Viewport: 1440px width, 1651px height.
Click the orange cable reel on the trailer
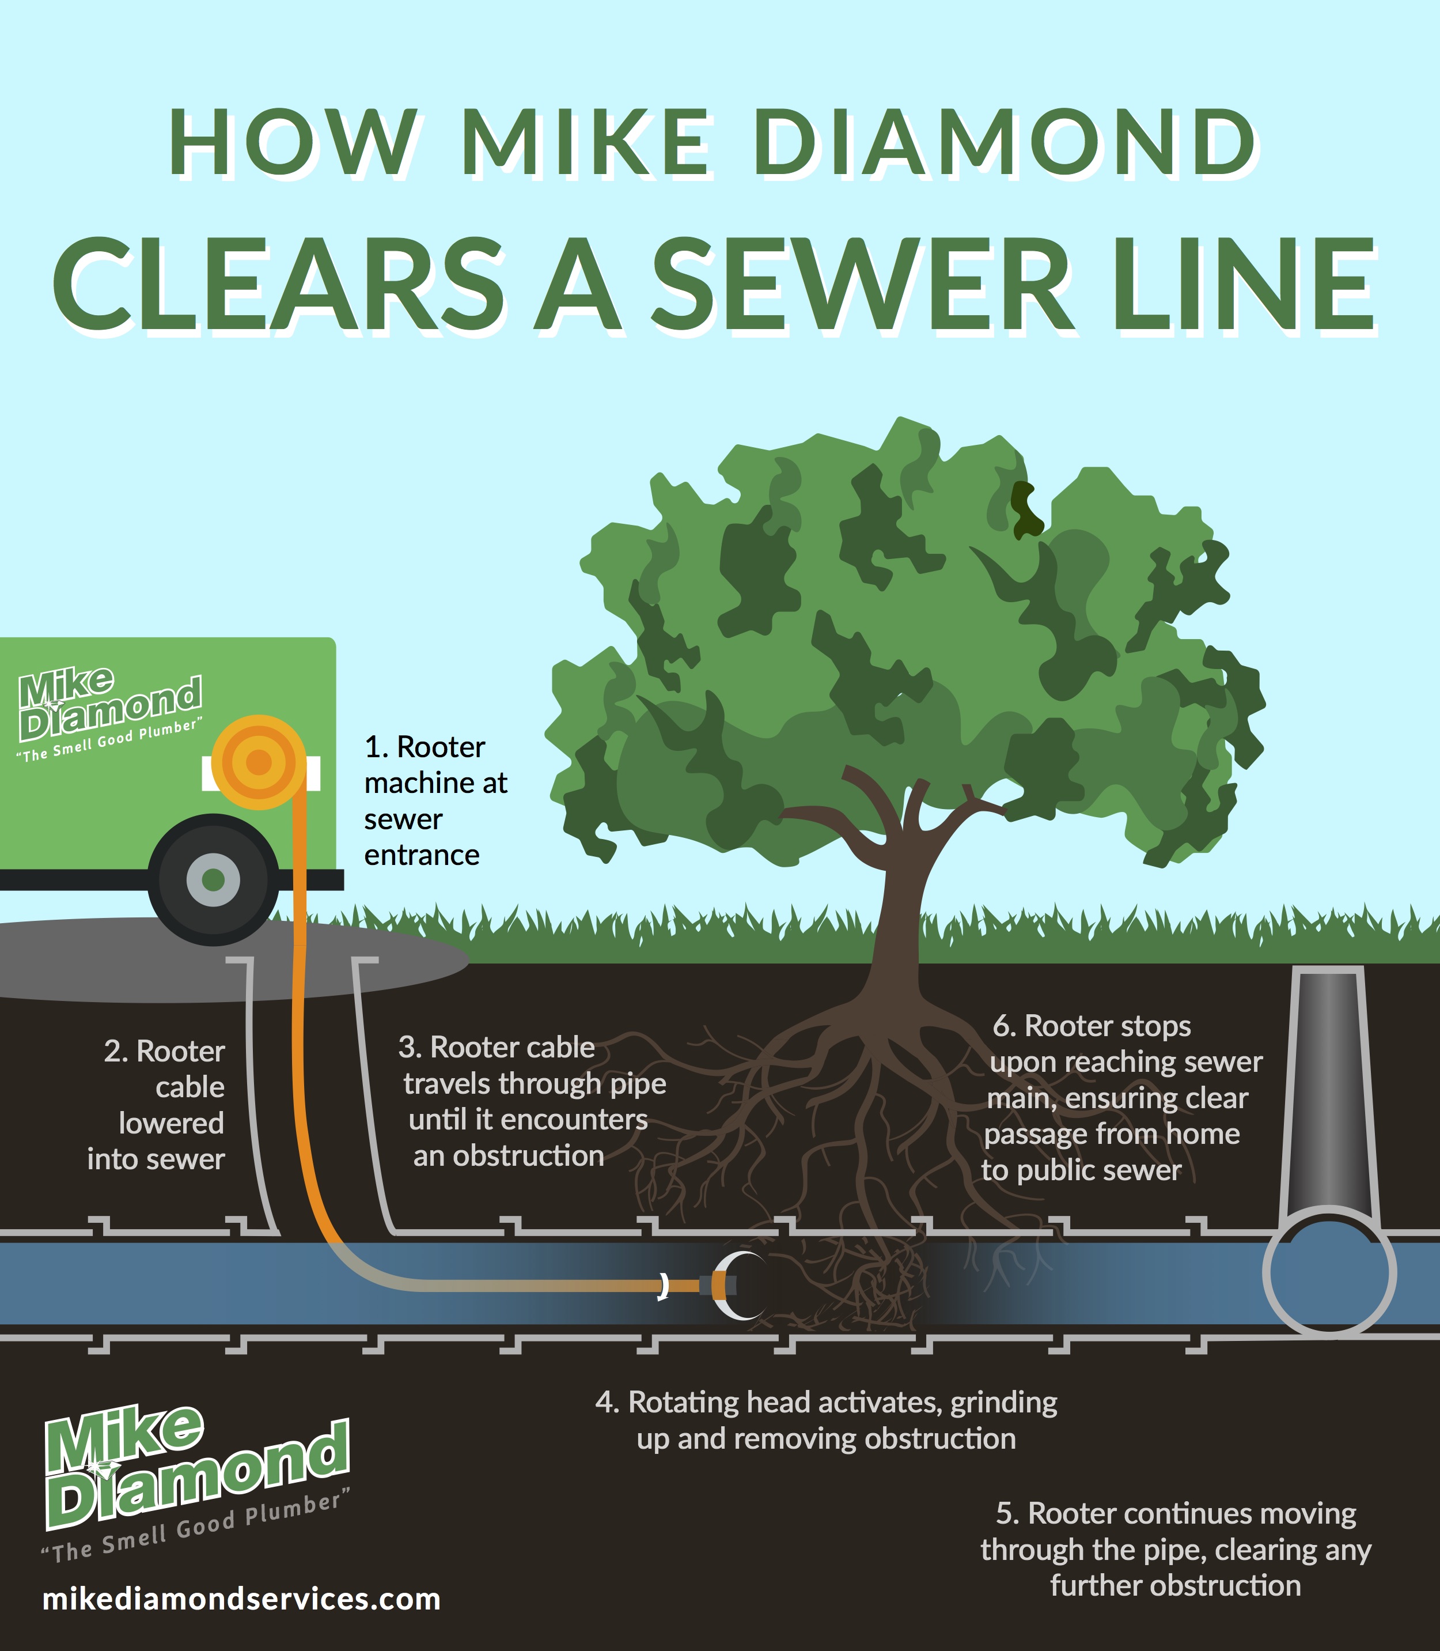pos(259,761)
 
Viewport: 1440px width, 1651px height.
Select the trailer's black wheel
pos(213,879)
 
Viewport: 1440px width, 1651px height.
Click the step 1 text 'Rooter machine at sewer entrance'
pos(435,800)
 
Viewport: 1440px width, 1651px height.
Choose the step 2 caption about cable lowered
pos(156,1105)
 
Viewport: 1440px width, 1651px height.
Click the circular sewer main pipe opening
pos(1329,1272)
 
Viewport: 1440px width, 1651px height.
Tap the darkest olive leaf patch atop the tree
pos(1025,509)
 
